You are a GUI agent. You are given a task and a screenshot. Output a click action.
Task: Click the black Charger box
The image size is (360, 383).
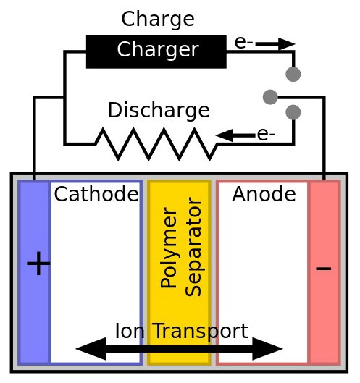(156, 51)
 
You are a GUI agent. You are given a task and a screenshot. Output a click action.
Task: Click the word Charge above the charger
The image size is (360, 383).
(158, 20)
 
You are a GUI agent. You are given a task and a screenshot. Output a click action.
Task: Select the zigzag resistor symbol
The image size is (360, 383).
(156, 144)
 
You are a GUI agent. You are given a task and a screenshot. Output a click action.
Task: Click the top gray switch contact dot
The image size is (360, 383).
(293, 74)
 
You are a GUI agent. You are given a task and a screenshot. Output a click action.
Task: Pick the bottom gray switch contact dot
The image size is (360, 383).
(293, 112)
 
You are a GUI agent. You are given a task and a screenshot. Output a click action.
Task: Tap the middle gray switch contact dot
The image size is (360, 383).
(270, 97)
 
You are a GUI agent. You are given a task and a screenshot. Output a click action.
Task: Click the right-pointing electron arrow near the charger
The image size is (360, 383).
(275, 44)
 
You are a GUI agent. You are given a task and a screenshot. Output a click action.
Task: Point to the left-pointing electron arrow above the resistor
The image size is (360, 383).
(235, 135)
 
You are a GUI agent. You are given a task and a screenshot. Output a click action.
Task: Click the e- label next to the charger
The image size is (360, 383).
(243, 43)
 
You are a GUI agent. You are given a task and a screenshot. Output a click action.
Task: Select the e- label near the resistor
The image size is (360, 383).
(266, 135)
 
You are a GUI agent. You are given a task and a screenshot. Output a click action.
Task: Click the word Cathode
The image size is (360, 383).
(96, 194)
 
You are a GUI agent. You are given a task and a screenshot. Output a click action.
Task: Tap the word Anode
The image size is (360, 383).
(264, 194)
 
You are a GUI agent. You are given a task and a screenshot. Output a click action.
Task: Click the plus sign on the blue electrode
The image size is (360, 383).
(38, 264)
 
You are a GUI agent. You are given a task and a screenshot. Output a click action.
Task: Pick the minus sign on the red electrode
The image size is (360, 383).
(324, 269)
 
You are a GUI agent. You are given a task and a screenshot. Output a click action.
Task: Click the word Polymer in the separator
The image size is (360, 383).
(169, 248)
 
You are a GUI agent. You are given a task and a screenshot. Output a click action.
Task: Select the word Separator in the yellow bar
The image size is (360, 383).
(193, 247)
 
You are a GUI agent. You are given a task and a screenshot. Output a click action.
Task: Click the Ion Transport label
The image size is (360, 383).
(182, 332)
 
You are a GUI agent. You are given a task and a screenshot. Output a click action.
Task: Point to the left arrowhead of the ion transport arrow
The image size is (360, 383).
(91, 349)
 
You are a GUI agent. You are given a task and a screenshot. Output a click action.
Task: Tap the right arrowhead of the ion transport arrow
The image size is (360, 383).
(267, 349)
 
